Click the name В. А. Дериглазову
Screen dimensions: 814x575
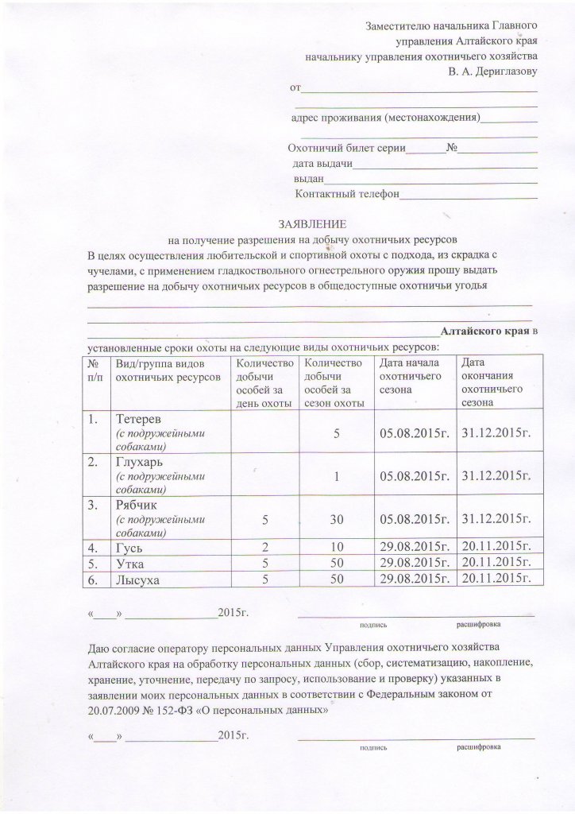tap(492, 72)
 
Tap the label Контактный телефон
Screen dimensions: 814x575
tap(346, 193)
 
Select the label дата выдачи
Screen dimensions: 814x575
tap(322, 164)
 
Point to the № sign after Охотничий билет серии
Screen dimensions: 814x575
tap(452, 149)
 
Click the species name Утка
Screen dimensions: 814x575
tap(130, 564)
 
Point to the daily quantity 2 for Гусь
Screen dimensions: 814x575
tap(262, 548)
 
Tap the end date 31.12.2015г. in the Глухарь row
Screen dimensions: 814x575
tap(497, 475)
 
